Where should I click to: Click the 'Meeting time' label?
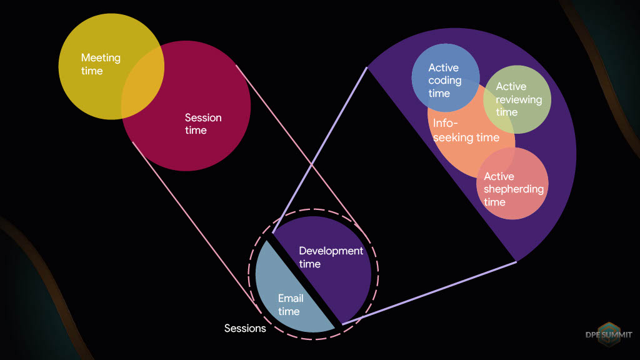pyautogui.click(x=101, y=64)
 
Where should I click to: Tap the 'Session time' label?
pyautogui.click(x=203, y=124)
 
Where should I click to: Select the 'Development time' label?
pyautogui.click(x=331, y=257)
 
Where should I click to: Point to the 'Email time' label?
pyautogui.click(x=291, y=304)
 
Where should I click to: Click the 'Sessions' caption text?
pyautogui.click(x=245, y=328)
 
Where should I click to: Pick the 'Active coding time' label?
pyautogui.click(x=445, y=81)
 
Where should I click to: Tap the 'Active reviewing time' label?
pyautogui.click(x=519, y=99)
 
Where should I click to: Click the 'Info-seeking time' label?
pyautogui.click(x=466, y=130)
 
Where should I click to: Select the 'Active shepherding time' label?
pyautogui.click(x=514, y=189)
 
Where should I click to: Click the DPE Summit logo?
pyautogui.click(x=609, y=334)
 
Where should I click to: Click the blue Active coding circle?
pyautogui.click(x=446, y=77)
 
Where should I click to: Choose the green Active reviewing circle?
pyautogui.click(x=517, y=99)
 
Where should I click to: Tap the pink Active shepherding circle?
pyautogui.click(x=512, y=184)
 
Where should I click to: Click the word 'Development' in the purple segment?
pyautogui.click(x=331, y=251)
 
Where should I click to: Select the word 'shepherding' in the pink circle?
pyautogui.click(x=514, y=189)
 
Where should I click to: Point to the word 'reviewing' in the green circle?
pyautogui.click(x=519, y=100)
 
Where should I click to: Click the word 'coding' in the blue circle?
pyautogui.click(x=445, y=81)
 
